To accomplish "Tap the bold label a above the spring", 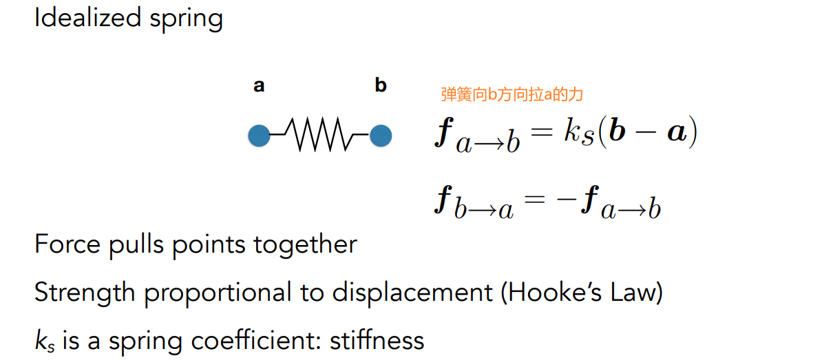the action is click(259, 86).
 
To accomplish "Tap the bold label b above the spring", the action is click(381, 85).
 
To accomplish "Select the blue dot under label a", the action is click(259, 136).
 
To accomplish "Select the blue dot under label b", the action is click(381, 136).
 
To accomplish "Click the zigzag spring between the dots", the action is click(320, 134).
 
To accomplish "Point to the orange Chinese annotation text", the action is click(512, 95).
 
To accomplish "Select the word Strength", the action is click(85, 293).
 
